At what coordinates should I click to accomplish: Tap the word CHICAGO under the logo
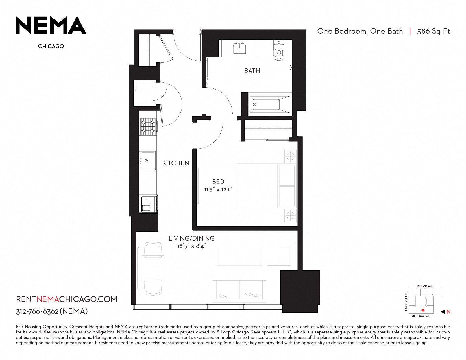coord(51,46)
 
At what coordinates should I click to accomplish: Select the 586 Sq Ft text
coord(434,31)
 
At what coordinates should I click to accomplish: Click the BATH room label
coord(252,71)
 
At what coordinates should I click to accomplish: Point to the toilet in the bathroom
coord(279,50)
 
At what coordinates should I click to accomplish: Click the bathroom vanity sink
coord(239,48)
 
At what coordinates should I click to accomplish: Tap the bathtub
coord(270,105)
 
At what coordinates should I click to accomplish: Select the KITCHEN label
coord(175,163)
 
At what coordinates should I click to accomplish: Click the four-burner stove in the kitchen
coord(148,126)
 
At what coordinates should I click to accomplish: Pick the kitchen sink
coord(147,161)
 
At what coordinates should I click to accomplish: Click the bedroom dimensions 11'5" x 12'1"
coord(218,190)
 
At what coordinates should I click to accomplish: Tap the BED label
coord(218,182)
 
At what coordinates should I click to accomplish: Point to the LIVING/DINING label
coord(191,238)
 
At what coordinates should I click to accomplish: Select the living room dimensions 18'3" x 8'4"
coord(191,246)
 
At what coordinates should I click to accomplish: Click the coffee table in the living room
coord(239,257)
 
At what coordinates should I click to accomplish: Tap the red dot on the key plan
coord(423,311)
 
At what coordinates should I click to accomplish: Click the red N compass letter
coord(448,312)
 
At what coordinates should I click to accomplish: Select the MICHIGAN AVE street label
coord(421,316)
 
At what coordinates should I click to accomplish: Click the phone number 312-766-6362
coord(37,311)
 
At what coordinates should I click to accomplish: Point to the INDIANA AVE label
coord(425,287)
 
